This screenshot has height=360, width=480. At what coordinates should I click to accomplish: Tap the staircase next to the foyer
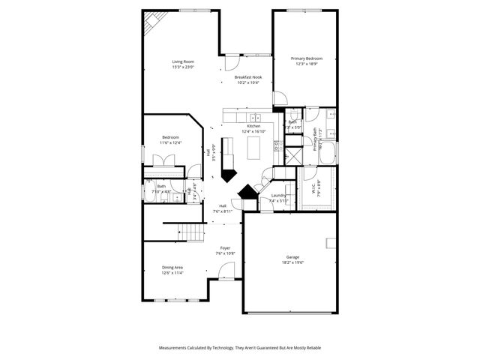click(193, 233)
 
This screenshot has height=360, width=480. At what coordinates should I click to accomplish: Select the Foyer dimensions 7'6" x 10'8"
click(225, 253)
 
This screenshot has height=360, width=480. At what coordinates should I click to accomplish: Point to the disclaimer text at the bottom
click(239, 348)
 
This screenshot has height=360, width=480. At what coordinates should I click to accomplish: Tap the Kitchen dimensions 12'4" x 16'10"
click(248, 131)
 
